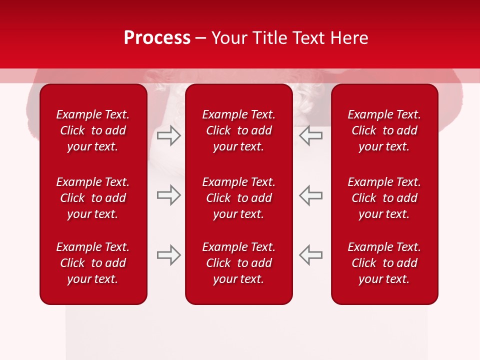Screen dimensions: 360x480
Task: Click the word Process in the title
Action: [157, 38]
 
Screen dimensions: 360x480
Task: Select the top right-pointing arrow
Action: [168, 135]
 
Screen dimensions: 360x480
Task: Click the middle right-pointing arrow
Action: [168, 195]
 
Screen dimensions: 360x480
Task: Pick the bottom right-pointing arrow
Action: [168, 254]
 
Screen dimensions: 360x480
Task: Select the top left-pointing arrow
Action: [310, 135]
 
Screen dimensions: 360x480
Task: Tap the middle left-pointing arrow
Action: [310, 195]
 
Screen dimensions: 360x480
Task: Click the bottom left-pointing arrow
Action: [310, 254]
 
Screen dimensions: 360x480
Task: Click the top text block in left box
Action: [93, 130]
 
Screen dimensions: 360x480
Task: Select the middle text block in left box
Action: [93, 198]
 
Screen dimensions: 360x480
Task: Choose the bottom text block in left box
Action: [93, 263]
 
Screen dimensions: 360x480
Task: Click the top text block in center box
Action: [238, 130]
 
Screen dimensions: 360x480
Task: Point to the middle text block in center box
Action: [238, 198]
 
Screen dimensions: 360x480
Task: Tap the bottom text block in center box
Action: [238, 263]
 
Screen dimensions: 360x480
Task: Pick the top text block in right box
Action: [384, 130]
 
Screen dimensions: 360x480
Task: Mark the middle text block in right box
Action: [384, 198]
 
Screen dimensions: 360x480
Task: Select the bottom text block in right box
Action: [384, 263]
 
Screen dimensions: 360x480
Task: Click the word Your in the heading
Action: [229, 38]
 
